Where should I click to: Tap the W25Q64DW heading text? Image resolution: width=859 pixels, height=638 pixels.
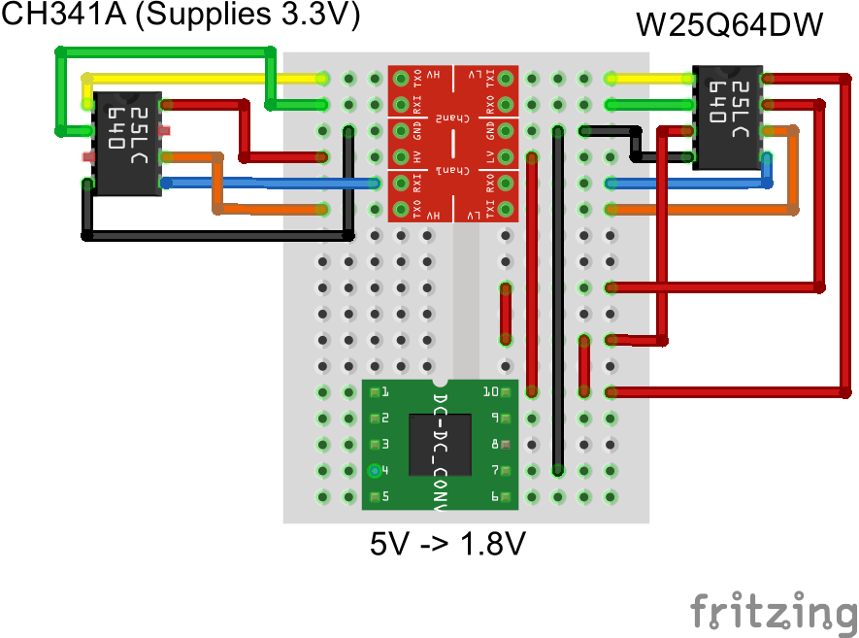point(730,25)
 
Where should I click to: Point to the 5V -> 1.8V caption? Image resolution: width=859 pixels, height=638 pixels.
point(447,544)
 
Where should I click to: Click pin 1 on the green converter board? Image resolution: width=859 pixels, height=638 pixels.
point(374,392)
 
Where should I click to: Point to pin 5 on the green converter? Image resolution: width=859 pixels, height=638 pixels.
point(374,496)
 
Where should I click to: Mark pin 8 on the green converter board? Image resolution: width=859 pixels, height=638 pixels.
point(506,445)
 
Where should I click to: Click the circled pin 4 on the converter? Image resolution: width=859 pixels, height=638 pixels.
point(374,471)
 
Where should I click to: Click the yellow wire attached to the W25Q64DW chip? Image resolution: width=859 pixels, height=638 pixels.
point(650,78)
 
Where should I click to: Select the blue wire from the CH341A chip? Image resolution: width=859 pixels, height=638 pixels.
point(272,183)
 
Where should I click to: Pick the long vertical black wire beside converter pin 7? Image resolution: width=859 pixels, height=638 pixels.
point(556,301)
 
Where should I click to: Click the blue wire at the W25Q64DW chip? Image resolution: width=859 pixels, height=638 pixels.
point(689,183)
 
